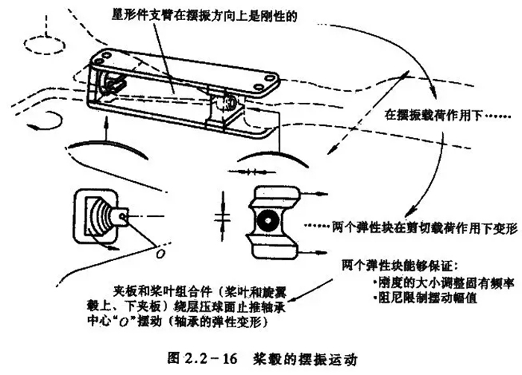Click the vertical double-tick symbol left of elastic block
click(221, 221)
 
